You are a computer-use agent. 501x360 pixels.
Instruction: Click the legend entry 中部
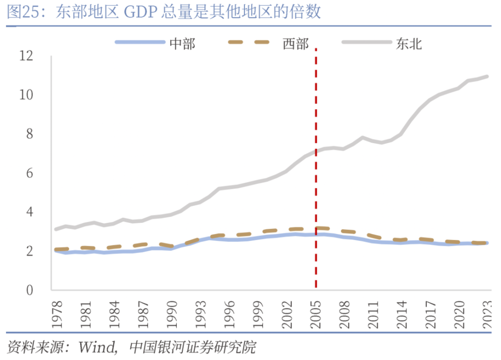[182, 44]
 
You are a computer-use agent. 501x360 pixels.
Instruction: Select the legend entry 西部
[296, 44]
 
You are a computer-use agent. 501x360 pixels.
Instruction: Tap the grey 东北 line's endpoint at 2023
[487, 77]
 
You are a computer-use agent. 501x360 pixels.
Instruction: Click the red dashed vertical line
[316, 200]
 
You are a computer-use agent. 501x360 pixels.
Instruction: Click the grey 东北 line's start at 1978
[56, 229]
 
